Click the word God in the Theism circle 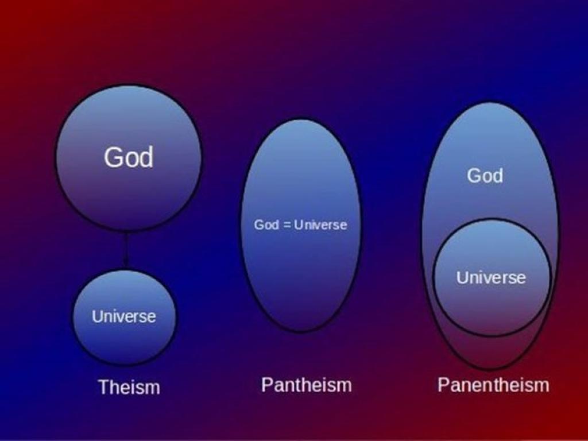[129, 157]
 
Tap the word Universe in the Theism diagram [124, 316]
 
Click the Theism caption [129, 386]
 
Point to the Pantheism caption [307, 385]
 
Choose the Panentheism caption [493, 385]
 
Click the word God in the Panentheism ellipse [485, 175]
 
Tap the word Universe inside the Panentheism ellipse [492, 277]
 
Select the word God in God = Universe [266, 225]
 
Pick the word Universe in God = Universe [320, 225]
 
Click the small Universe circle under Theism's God [124, 317]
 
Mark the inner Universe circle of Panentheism [492, 277]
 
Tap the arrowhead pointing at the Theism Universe [126, 263]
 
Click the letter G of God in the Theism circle [113, 157]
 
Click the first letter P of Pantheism [266, 384]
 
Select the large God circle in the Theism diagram [128, 158]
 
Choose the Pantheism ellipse [301, 225]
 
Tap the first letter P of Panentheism [443, 384]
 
